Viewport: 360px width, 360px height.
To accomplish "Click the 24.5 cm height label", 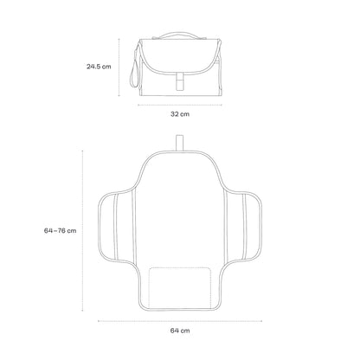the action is (99, 67).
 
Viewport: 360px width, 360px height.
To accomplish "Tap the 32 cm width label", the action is (180, 114).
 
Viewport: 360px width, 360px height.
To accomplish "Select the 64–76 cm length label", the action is (60, 231).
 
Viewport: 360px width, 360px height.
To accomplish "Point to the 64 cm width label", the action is (180, 331).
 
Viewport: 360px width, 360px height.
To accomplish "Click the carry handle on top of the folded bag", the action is (179, 33).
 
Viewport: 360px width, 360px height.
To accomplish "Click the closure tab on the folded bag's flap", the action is (179, 80).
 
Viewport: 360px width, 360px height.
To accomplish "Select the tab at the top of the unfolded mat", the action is (180, 143).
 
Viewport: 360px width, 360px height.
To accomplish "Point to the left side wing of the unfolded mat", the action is (115, 227).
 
